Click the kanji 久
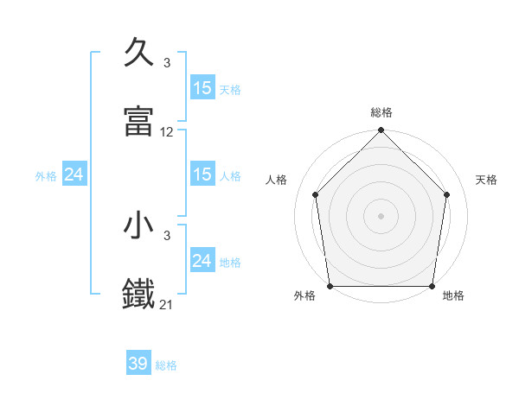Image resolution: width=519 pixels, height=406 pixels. pyautogui.click(x=139, y=53)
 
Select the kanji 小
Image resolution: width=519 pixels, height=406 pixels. pyautogui.click(x=139, y=225)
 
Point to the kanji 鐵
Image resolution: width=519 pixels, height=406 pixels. pyautogui.click(x=139, y=295)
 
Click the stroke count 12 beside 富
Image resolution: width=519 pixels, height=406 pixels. pyautogui.click(x=167, y=132)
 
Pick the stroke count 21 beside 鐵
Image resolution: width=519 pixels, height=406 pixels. pyautogui.click(x=167, y=305)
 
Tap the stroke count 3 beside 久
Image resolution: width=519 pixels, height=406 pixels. pyautogui.click(x=167, y=63)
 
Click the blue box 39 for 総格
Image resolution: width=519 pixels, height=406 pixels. pyautogui.click(x=138, y=365)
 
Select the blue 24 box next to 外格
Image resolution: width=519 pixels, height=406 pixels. pyautogui.click(x=74, y=175)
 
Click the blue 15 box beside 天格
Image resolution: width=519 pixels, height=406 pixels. pyautogui.click(x=202, y=88)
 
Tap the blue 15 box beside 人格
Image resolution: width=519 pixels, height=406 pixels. pyautogui.click(x=202, y=175)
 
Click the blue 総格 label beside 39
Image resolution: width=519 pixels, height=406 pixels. pyautogui.click(x=166, y=365)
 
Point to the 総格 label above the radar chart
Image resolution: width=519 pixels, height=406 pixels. pyautogui.click(x=381, y=112)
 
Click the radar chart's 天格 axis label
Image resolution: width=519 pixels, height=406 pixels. pyautogui.click(x=486, y=180)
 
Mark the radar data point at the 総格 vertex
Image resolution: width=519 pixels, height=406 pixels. pyautogui.click(x=381, y=131)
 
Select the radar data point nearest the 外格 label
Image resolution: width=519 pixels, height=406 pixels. pyautogui.click(x=330, y=286)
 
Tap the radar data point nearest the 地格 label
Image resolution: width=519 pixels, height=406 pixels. pyautogui.click(x=432, y=286)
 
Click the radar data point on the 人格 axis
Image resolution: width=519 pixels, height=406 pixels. pyautogui.click(x=315, y=194)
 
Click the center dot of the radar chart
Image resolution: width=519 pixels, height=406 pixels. pyautogui.click(x=381, y=216)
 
